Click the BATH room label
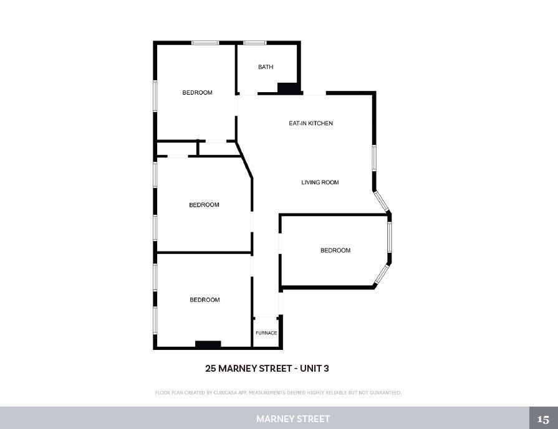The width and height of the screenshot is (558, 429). [x=266, y=67]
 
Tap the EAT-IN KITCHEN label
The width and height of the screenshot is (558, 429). [x=310, y=123]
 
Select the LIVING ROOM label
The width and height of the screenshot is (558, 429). [x=320, y=182]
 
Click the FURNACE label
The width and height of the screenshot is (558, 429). [x=266, y=333]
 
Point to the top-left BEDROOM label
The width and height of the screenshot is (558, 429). [x=197, y=93]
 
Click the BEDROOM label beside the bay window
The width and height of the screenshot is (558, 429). [x=335, y=250]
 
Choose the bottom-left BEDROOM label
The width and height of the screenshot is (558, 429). [x=204, y=300]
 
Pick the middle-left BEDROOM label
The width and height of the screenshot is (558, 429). [x=204, y=205]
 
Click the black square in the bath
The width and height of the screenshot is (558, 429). [x=287, y=88]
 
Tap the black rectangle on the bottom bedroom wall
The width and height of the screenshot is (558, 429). [x=208, y=344]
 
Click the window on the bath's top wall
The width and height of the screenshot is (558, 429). [x=254, y=43]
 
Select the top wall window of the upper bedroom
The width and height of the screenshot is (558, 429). [x=205, y=43]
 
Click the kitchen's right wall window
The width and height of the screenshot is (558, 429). [x=374, y=158]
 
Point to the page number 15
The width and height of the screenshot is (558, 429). [x=543, y=419]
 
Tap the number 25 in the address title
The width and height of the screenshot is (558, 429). [x=211, y=368]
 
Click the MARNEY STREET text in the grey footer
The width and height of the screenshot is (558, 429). [x=293, y=419]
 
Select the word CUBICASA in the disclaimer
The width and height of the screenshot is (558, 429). [x=228, y=393]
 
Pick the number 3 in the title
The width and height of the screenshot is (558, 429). [x=326, y=368]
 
